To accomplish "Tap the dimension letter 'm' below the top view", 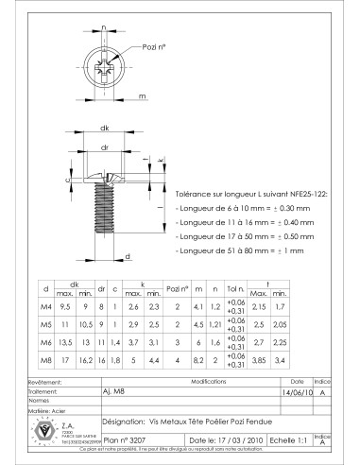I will tap(141, 95).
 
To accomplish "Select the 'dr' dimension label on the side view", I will tap(105, 146).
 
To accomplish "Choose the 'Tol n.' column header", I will tap(236, 286).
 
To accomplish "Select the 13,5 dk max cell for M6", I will tap(66, 342).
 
